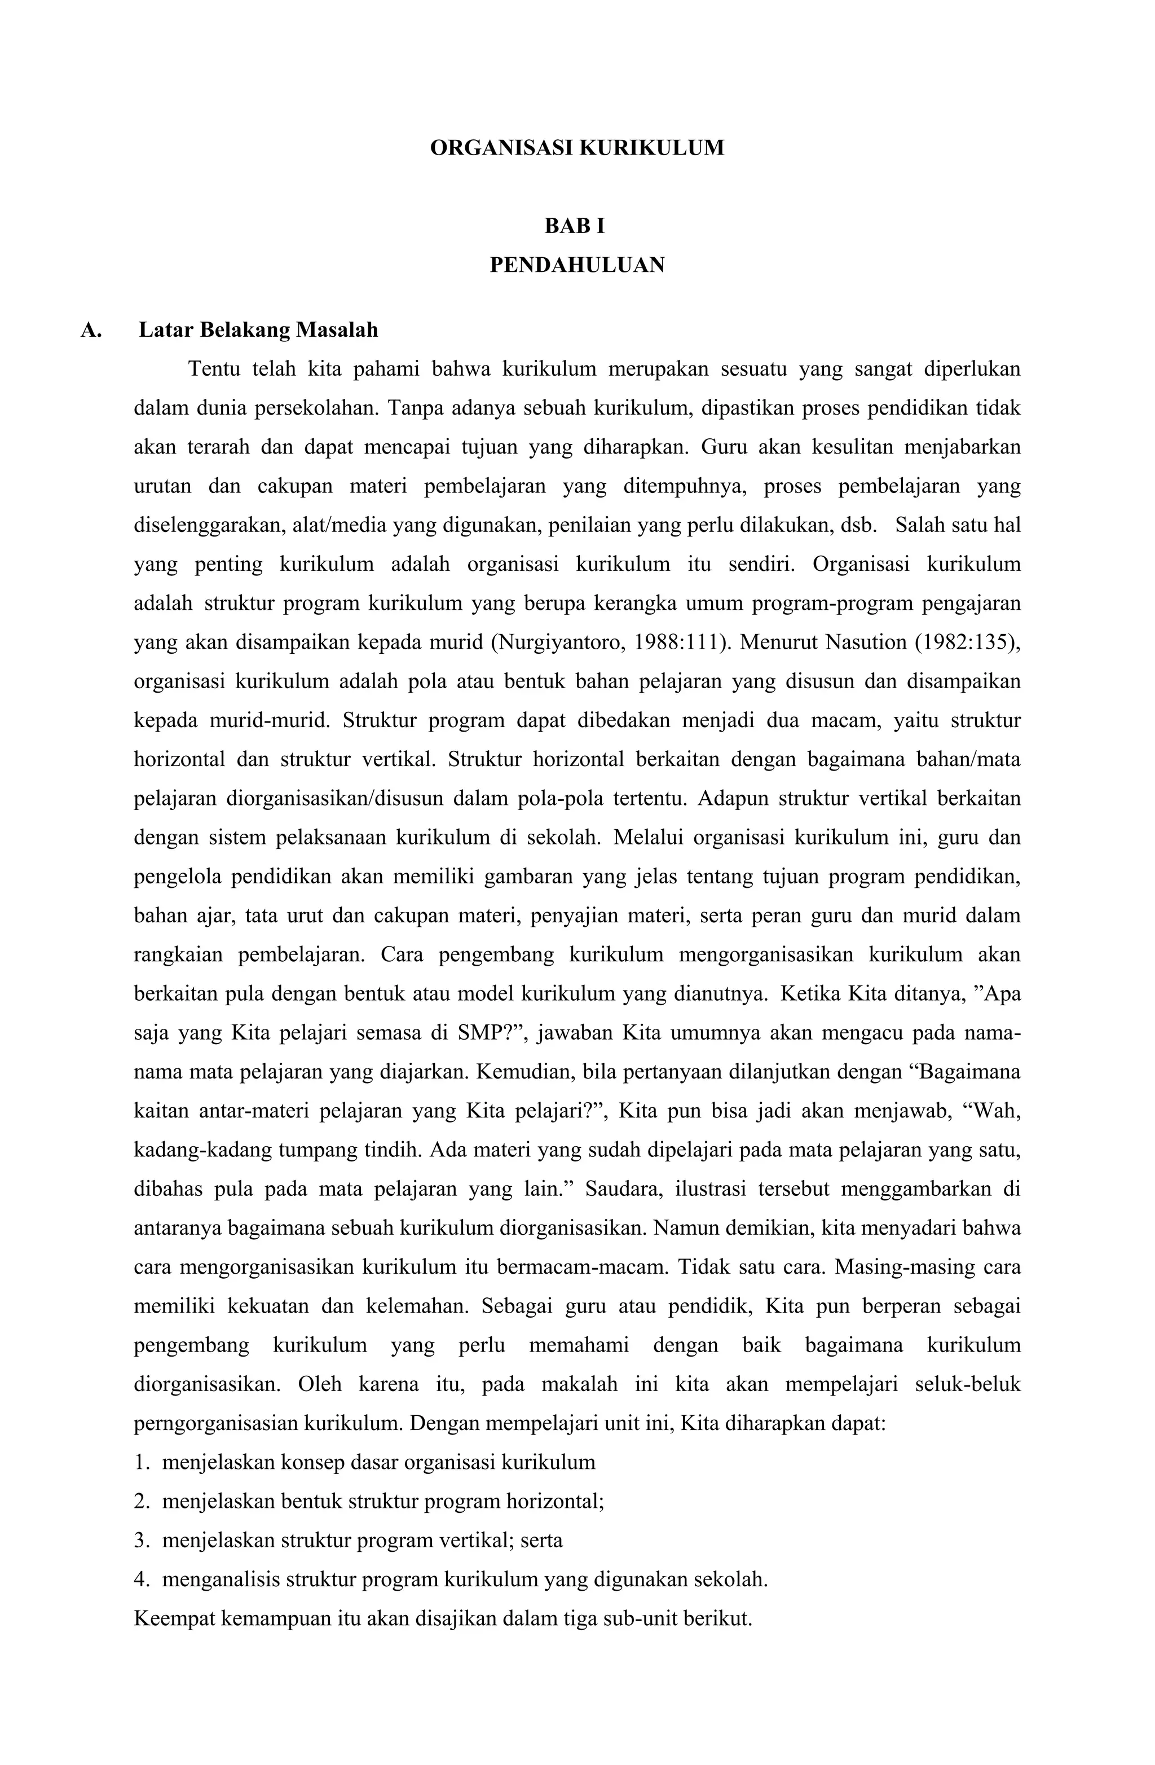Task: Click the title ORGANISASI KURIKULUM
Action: [577, 148]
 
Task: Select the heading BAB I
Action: [575, 226]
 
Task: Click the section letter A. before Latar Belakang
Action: [91, 330]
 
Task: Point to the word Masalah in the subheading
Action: [337, 330]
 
